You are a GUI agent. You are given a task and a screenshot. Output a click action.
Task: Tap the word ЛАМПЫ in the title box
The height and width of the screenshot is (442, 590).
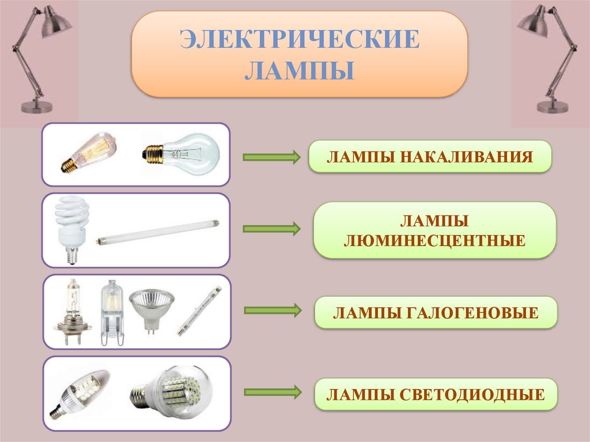(x=299, y=72)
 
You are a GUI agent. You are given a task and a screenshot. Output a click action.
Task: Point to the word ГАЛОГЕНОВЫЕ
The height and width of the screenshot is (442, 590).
(x=471, y=313)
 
